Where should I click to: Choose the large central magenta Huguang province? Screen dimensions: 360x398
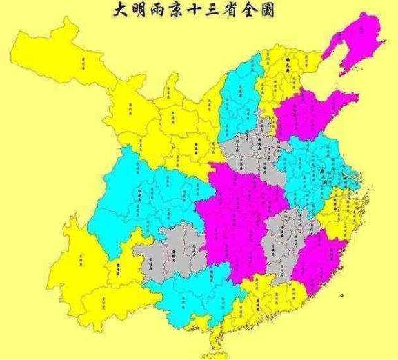coord(238,207)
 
